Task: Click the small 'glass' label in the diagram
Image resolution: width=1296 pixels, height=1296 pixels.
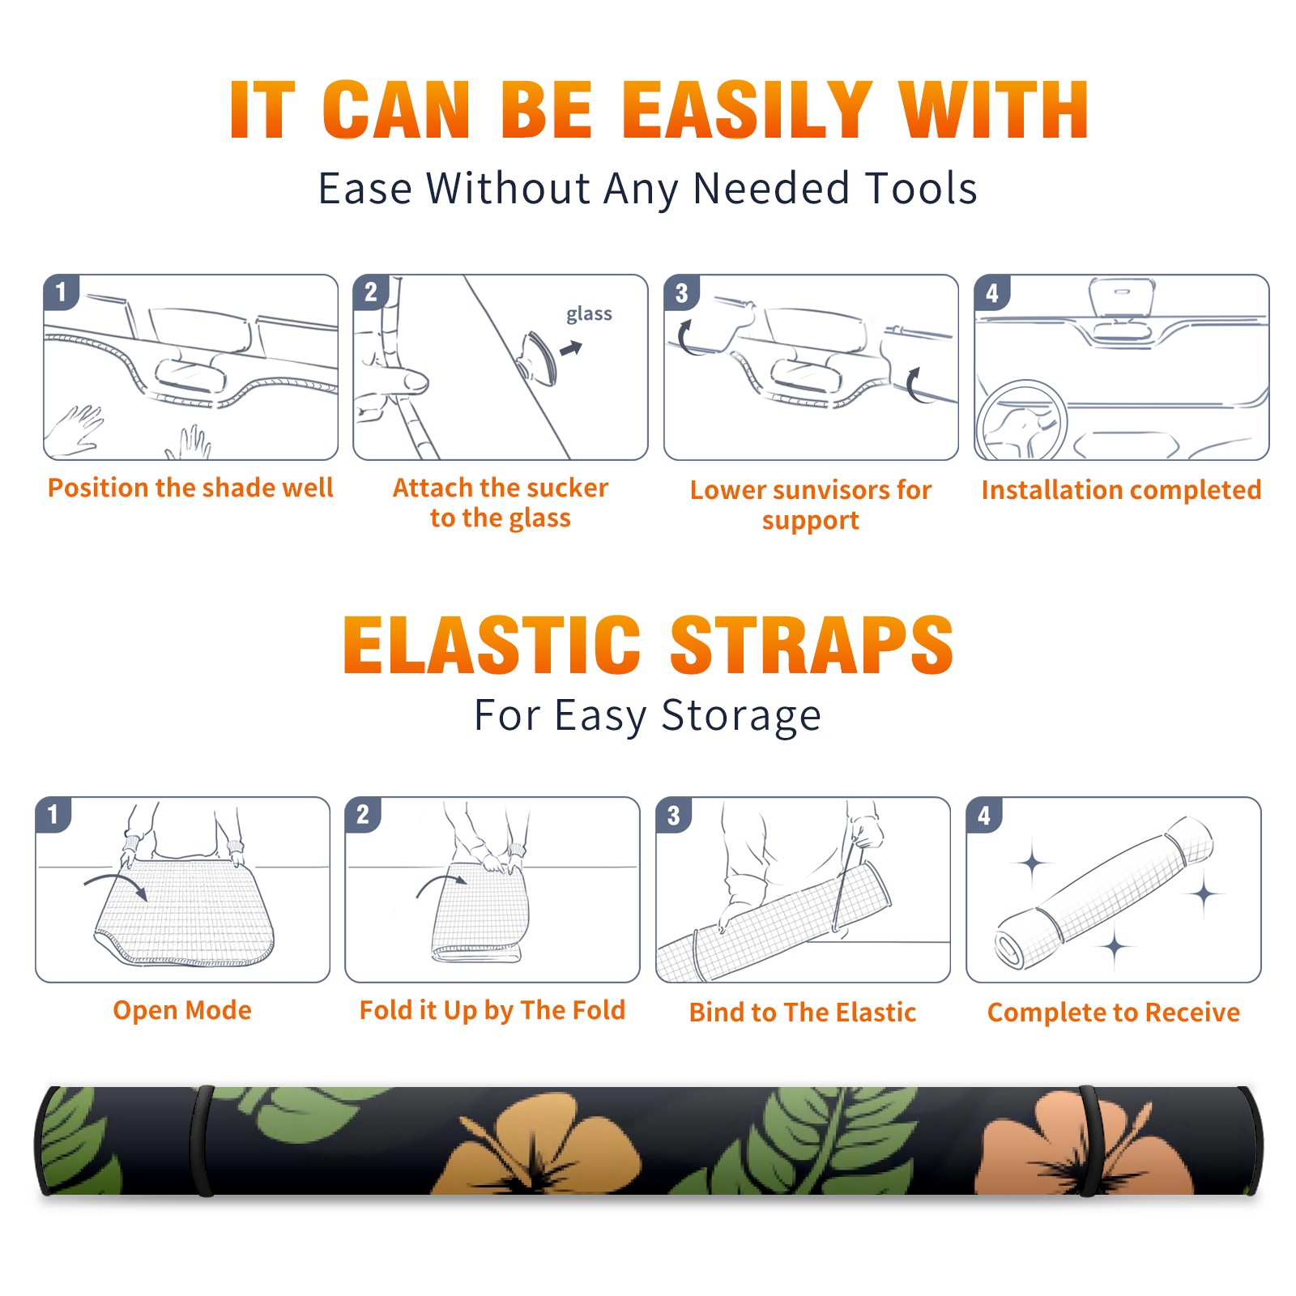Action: [x=589, y=314]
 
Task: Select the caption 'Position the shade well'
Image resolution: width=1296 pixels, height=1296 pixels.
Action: [x=190, y=488]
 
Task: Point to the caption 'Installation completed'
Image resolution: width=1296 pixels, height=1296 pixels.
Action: [x=1121, y=489]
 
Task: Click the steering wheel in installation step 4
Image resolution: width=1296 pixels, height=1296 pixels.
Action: [x=1021, y=421]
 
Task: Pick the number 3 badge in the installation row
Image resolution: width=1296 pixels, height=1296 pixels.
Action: [x=681, y=293]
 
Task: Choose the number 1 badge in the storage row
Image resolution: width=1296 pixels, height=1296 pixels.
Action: [x=53, y=815]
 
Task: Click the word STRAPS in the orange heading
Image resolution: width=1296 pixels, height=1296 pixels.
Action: [x=812, y=645]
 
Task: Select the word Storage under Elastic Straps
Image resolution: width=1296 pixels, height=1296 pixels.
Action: [x=741, y=716]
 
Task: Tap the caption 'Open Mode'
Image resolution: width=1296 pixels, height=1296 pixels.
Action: [x=182, y=1010]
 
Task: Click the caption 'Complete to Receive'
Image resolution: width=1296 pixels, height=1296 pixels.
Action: [x=1114, y=1013]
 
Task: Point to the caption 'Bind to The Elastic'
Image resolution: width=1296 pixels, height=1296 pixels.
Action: [x=803, y=1013]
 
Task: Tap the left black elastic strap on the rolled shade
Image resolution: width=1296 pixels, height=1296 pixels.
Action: [x=202, y=1140]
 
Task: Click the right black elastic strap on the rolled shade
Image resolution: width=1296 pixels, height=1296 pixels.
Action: [x=1089, y=1140]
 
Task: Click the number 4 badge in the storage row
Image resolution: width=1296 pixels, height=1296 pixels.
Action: [x=984, y=815]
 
